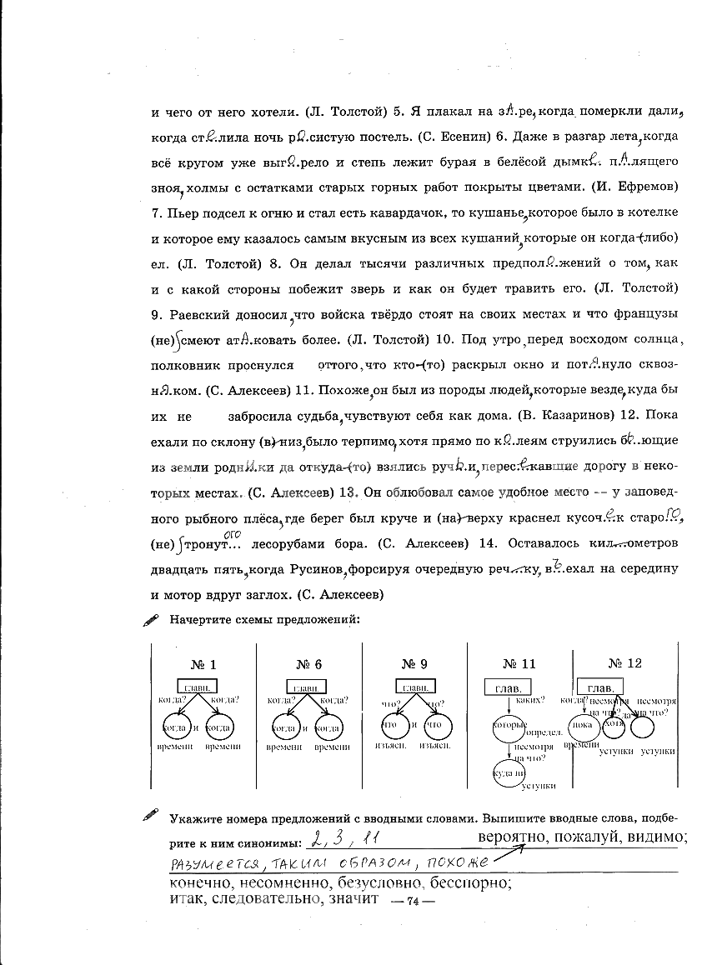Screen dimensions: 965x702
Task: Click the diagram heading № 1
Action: tap(203, 664)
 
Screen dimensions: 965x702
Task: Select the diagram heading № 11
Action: tap(519, 664)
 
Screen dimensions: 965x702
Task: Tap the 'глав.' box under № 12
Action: tap(600, 687)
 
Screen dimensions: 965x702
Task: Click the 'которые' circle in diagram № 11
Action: tap(509, 727)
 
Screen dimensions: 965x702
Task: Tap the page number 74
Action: tap(411, 902)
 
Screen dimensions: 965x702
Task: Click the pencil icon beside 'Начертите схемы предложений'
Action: tap(151, 620)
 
